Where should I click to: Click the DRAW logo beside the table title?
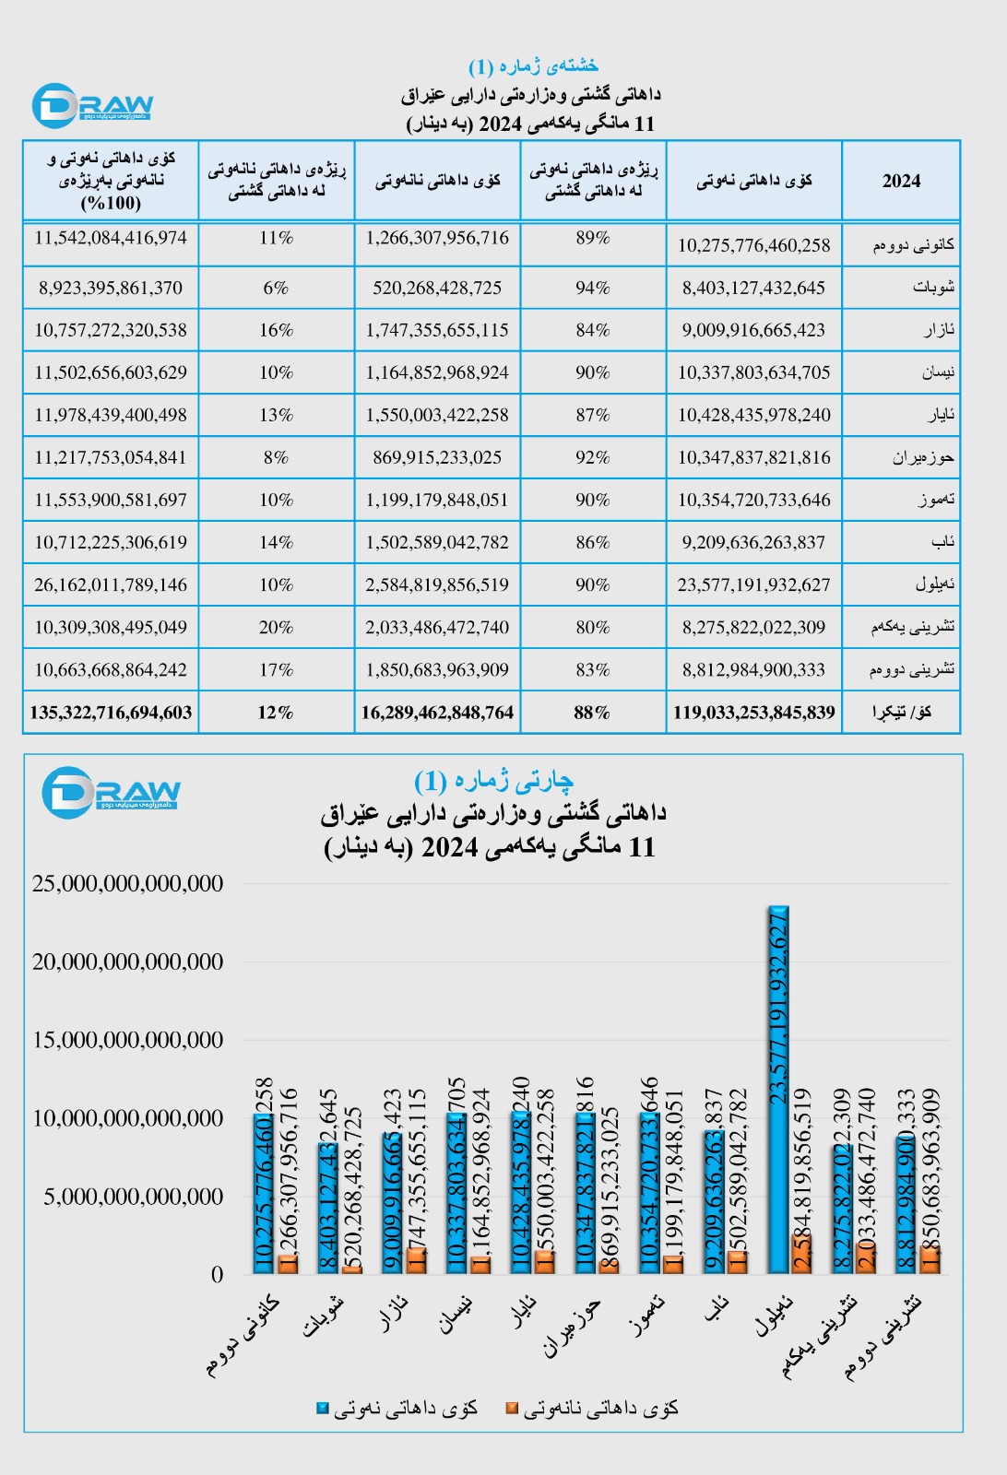(x=92, y=105)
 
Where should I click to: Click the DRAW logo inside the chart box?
(x=111, y=790)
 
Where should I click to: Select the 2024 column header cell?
(x=901, y=181)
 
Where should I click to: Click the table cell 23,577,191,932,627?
(x=753, y=584)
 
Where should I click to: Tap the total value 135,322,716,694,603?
(x=111, y=713)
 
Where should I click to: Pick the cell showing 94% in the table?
(x=593, y=288)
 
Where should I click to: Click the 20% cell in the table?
(x=276, y=627)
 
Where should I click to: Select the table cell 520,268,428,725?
(x=437, y=288)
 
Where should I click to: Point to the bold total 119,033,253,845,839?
(x=753, y=713)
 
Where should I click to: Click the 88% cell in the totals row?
(x=593, y=713)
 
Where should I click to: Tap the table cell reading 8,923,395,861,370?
(x=111, y=288)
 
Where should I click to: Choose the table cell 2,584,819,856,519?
(x=437, y=584)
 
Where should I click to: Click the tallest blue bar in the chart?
(x=778, y=1088)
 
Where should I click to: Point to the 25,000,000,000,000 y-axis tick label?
(x=128, y=883)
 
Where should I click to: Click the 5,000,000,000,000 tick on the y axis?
(x=134, y=1197)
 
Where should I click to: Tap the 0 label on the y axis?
(x=218, y=1275)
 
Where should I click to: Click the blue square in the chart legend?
(x=323, y=1409)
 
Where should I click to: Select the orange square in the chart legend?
(x=512, y=1409)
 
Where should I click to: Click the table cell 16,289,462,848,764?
(x=437, y=713)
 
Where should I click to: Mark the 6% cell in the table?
(x=276, y=288)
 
